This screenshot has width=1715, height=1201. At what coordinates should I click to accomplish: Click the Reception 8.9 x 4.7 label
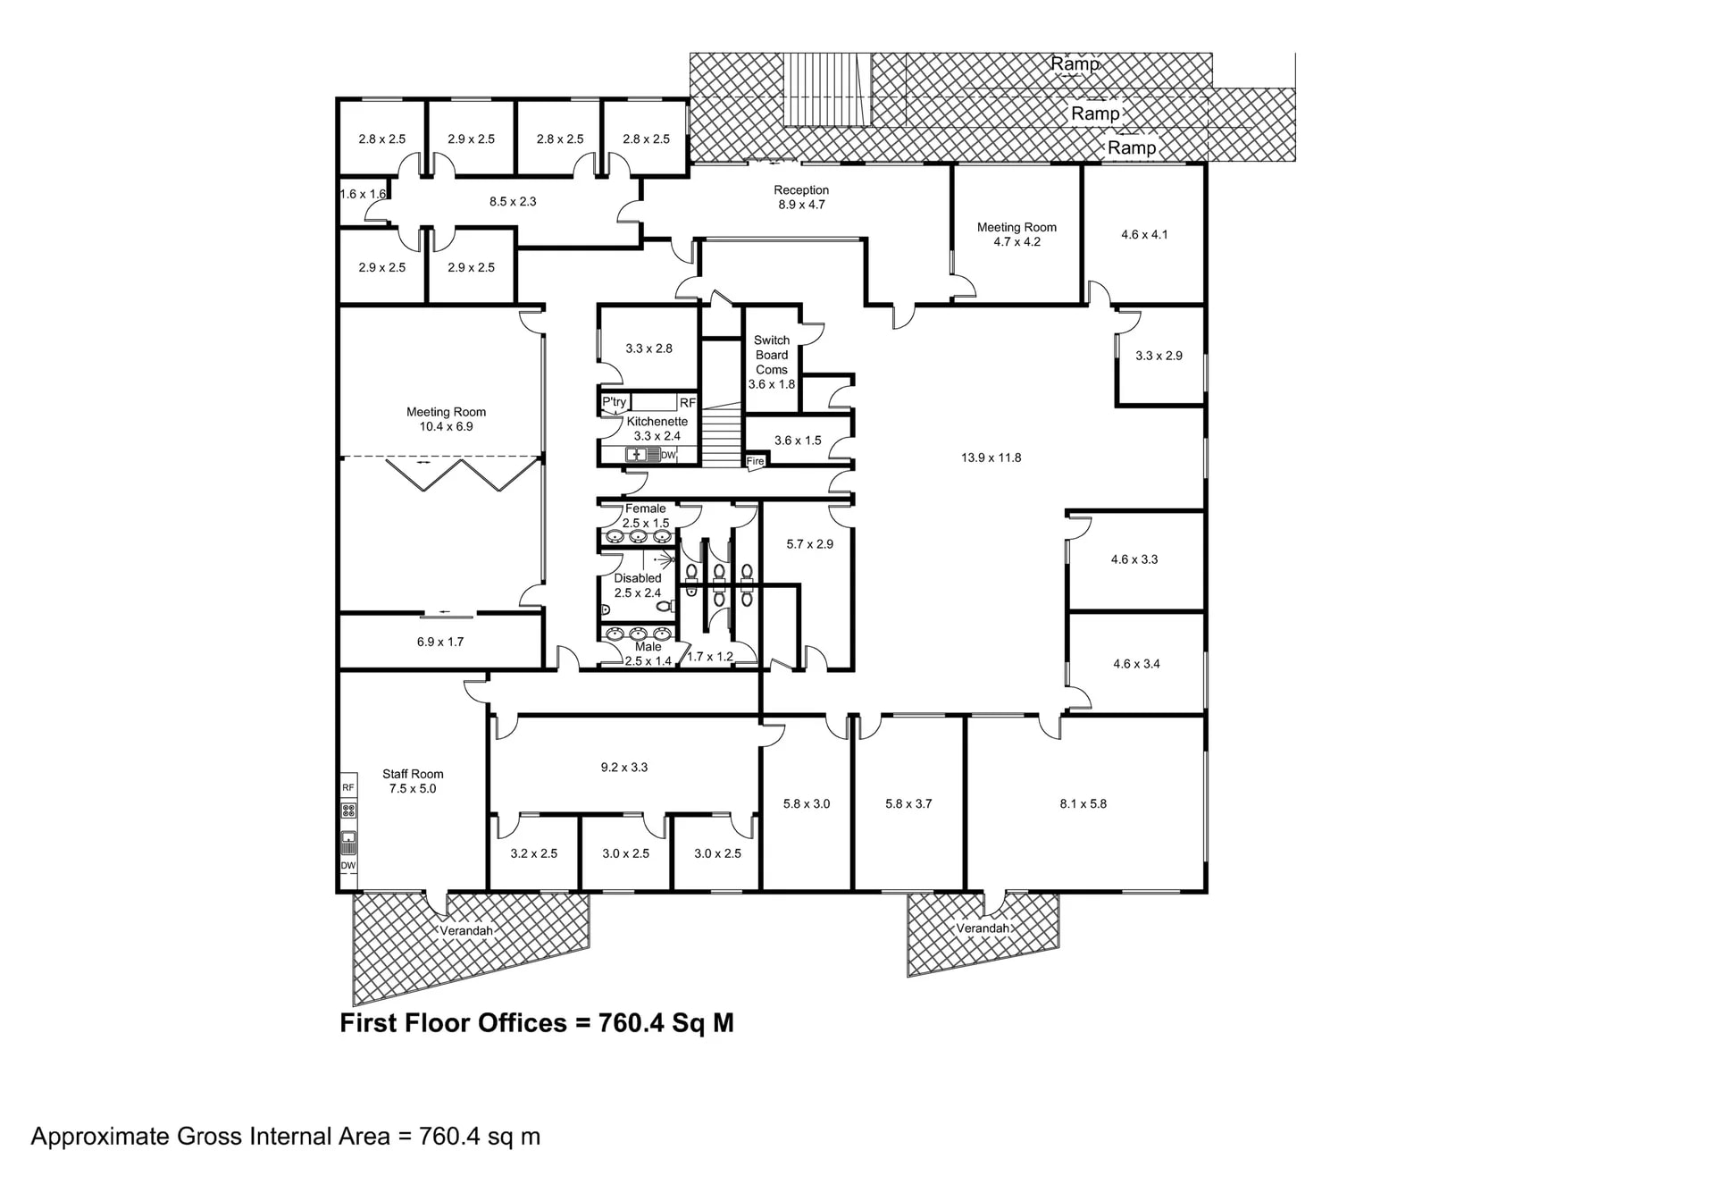[801, 197]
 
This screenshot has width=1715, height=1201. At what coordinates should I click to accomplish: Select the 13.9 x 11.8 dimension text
[991, 458]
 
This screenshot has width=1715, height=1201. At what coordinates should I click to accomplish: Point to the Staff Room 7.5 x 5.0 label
[413, 781]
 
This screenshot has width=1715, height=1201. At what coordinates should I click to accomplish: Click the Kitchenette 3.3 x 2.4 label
[657, 429]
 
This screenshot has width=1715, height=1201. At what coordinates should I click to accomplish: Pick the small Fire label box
[755, 461]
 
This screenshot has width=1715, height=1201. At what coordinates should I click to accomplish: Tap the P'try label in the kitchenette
[614, 402]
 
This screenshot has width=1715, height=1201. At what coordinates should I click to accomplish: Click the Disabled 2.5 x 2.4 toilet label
[638, 585]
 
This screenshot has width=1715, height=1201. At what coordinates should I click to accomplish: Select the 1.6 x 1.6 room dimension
[363, 194]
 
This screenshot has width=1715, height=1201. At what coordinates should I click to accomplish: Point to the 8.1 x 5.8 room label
[1083, 803]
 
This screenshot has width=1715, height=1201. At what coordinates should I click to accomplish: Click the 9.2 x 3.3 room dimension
[623, 767]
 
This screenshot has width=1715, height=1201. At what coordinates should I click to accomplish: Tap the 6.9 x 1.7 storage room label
[439, 642]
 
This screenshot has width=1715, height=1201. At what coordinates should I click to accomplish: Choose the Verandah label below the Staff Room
[466, 930]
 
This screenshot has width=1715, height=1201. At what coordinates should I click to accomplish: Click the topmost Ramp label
[1075, 63]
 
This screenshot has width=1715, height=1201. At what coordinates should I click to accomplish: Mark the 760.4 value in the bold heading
[632, 1023]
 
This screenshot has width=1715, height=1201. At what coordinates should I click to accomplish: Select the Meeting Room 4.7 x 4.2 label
[1016, 234]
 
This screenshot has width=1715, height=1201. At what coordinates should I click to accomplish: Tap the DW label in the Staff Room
[348, 865]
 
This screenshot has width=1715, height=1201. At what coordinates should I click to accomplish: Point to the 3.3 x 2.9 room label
[1159, 356]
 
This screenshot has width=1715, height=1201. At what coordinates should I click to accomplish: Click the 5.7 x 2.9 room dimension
[809, 543]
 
